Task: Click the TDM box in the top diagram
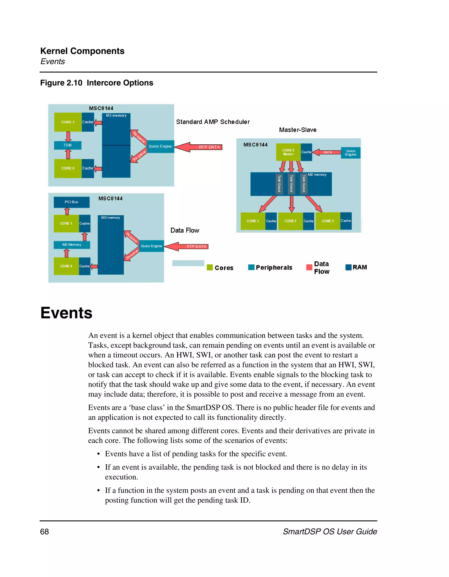click(68, 145)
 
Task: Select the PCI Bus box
click(71, 202)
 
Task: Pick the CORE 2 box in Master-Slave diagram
click(290, 221)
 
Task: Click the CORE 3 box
click(328, 221)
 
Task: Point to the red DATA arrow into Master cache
click(327, 152)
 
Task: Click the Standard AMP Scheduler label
click(213, 122)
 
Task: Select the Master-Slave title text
click(298, 130)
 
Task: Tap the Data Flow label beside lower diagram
click(185, 230)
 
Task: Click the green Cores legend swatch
click(210, 267)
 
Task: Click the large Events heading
click(66, 313)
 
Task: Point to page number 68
click(45, 532)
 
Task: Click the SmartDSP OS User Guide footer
click(330, 532)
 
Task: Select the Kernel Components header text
click(82, 51)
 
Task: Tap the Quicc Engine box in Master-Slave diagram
click(350, 153)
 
